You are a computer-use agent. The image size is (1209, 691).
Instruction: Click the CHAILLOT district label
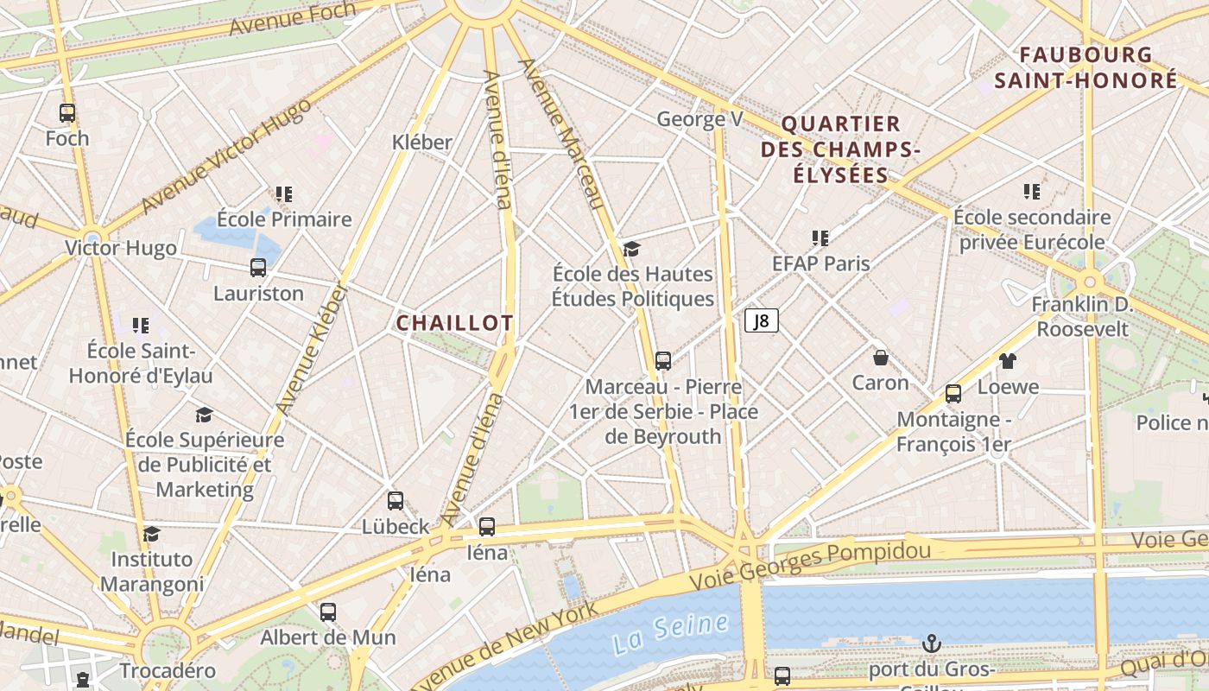[454, 323]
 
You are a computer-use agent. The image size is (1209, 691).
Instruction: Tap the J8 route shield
[761, 321]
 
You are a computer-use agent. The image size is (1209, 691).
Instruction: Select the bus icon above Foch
[67, 112]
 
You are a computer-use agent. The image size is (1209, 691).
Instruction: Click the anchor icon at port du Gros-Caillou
[931, 643]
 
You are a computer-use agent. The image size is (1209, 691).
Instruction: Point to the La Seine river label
[659, 633]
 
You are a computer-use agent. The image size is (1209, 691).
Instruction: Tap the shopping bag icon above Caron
[881, 357]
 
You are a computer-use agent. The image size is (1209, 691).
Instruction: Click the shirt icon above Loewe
[1008, 361]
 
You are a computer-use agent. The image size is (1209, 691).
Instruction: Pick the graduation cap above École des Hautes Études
[632, 250]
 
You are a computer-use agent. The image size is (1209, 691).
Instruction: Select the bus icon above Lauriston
[258, 268]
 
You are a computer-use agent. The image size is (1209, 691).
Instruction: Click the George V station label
[699, 119]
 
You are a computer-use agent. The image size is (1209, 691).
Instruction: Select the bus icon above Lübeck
[396, 501]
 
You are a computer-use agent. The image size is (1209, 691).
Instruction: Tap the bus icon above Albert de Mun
[328, 612]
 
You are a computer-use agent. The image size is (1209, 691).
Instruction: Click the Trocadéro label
[168, 670]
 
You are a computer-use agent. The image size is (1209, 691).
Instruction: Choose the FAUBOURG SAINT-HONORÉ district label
[1086, 67]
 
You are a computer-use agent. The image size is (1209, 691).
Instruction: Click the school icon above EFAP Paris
[820, 238]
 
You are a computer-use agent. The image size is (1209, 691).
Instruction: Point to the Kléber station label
[422, 142]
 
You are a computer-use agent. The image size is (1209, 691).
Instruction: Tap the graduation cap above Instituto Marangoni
[152, 535]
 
